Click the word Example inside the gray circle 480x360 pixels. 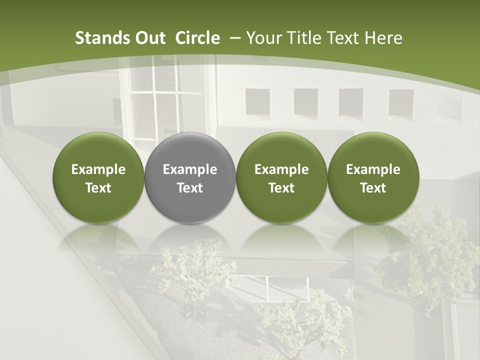click(x=190, y=169)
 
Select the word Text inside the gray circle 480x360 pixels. click(x=190, y=188)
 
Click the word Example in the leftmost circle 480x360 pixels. click(x=98, y=169)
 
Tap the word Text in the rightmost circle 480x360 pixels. click(x=373, y=188)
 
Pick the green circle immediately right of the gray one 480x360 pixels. click(x=281, y=177)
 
